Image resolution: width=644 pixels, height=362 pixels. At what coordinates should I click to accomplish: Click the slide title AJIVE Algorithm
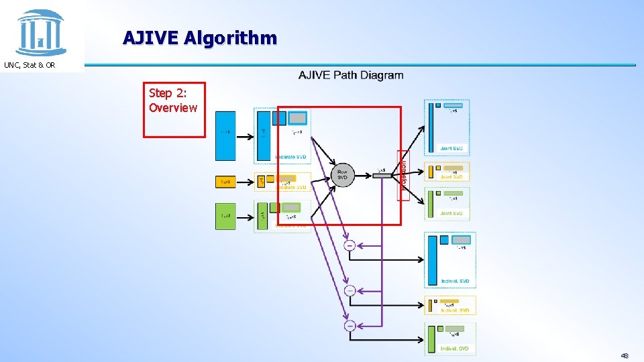(x=199, y=38)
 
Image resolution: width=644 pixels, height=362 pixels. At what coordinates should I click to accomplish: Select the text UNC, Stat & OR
(x=30, y=65)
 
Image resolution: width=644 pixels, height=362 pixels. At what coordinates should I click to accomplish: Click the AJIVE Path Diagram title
(x=351, y=75)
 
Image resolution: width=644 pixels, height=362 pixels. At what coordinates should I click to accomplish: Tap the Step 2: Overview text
(x=173, y=101)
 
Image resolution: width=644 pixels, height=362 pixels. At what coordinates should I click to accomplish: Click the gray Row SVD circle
(x=342, y=175)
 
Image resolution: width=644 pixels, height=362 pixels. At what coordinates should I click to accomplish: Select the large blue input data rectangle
(x=225, y=135)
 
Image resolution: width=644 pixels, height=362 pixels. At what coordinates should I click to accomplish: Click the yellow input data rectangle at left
(x=225, y=182)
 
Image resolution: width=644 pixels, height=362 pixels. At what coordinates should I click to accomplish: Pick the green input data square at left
(x=225, y=216)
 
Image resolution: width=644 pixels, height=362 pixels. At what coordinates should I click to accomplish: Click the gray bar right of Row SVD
(x=382, y=176)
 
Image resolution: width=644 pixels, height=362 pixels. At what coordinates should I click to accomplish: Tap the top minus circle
(x=350, y=246)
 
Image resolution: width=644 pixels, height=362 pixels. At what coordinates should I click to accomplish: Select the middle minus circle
(x=350, y=291)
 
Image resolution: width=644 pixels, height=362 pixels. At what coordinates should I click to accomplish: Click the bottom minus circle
(x=350, y=326)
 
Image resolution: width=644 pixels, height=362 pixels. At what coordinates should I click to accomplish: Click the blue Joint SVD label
(x=451, y=148)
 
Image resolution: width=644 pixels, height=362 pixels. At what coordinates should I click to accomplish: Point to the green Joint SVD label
(x=451, y=214)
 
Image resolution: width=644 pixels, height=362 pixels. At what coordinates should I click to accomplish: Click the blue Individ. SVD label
(x=455, y=281)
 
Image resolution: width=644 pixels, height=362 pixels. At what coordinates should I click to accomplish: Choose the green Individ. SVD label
(x=455, y=349)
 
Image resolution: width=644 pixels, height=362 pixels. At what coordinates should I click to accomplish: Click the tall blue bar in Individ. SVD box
(x=433, y=260)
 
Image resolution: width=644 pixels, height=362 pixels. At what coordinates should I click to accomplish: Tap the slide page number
(x=625, y=356)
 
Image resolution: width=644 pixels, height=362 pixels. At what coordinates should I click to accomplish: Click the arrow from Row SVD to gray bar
(x=363, y=176)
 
